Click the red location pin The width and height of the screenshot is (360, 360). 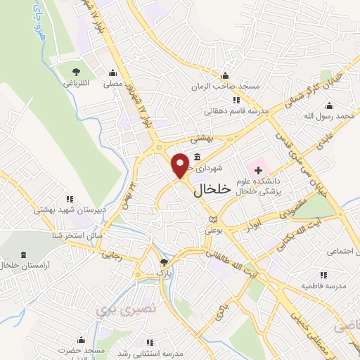pyautogui.click(x=180, y=165)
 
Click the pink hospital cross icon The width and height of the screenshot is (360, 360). pyautogui.click(x=258, y=169)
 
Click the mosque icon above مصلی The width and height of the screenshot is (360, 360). pyautogui.click(x=112, y=72)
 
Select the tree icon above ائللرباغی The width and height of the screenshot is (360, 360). pyautogui.click(x=77, y=71)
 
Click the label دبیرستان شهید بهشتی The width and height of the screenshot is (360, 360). pyautogui.click(x=68, y=210)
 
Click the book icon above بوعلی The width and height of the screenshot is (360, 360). pyautogui.click(x=213, y=220)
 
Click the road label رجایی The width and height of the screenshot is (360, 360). pyautogui.click(x=113, y=257)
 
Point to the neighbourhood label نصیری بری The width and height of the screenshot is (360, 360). pyautogui.click(x=115, y=309)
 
